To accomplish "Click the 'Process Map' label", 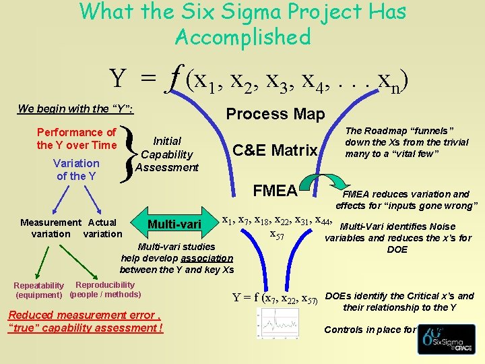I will click(275, 114).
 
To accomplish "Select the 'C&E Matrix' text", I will click(274, 150).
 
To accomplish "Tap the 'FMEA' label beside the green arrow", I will click(275, 191).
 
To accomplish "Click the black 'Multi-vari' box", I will click(174, 224).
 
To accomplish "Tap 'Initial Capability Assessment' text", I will click(167, 154).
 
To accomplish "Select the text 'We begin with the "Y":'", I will click(75, 109).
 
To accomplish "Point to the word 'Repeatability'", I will click(38, 286).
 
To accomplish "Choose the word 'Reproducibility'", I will click(105, 285).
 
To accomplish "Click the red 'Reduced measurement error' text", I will click(85, 321).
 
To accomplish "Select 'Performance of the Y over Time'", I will click(76, 139).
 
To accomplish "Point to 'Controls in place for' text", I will click(370, 330).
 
